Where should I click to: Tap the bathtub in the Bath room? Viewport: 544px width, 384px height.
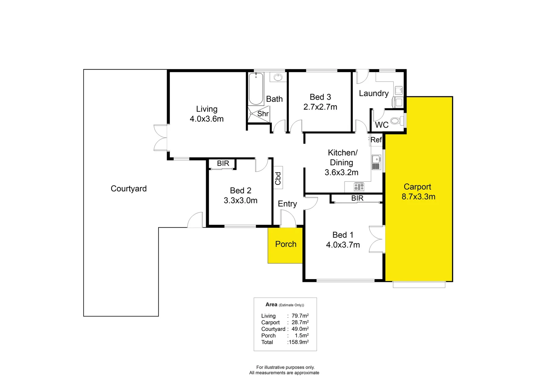[x=256, y=89]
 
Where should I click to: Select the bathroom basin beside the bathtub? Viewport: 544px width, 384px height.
[x=278, y=77]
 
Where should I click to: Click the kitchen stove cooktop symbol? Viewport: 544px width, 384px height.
[x=359, y=187]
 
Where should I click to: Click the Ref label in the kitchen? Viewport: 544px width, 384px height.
[x=376, y=140]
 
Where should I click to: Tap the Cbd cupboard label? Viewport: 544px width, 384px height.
[x=278, y=178]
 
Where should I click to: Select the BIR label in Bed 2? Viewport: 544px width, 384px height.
[x=223, y=164]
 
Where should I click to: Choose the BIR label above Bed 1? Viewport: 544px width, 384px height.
[x=357, y=198]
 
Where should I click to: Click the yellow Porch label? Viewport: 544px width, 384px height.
[x=286, y=244]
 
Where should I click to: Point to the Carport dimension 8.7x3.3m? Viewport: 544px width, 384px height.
[x=418, y=197]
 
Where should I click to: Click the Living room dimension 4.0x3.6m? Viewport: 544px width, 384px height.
[x=206, y=119]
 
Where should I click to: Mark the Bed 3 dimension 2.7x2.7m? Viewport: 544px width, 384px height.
[x=320, y=107]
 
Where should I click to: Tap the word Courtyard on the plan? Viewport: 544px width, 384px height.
[x=129, y=189]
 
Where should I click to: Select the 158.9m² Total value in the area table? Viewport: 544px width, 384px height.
[x=298, y=342]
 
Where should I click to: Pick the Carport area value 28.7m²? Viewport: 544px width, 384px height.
[x=300, y=322]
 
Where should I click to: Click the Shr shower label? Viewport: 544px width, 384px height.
[x=263, y=114]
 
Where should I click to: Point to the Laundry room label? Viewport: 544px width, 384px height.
[x=373, y=94]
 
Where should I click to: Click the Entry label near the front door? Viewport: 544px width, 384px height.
[x=287, y=204]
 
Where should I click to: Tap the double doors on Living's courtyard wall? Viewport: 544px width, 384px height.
[x=161, y=138]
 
